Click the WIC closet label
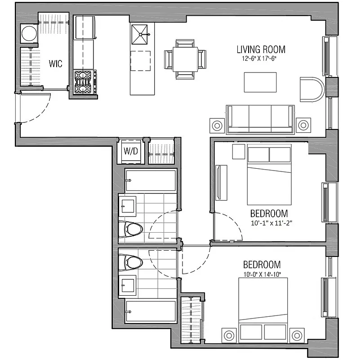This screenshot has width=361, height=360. click(55, 63)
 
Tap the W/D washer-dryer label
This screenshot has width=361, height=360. click(130, 151)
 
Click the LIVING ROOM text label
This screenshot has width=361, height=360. click(261, 49)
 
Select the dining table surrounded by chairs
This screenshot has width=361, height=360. click(186, 58)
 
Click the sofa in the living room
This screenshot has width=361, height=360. click(260, 119)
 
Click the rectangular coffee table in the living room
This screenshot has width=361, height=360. click(260, 82)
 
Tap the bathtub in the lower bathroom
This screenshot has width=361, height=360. click(150, 311)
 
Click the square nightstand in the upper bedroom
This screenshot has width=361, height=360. click(238, 152)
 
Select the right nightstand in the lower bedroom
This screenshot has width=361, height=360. click(297, 335)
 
